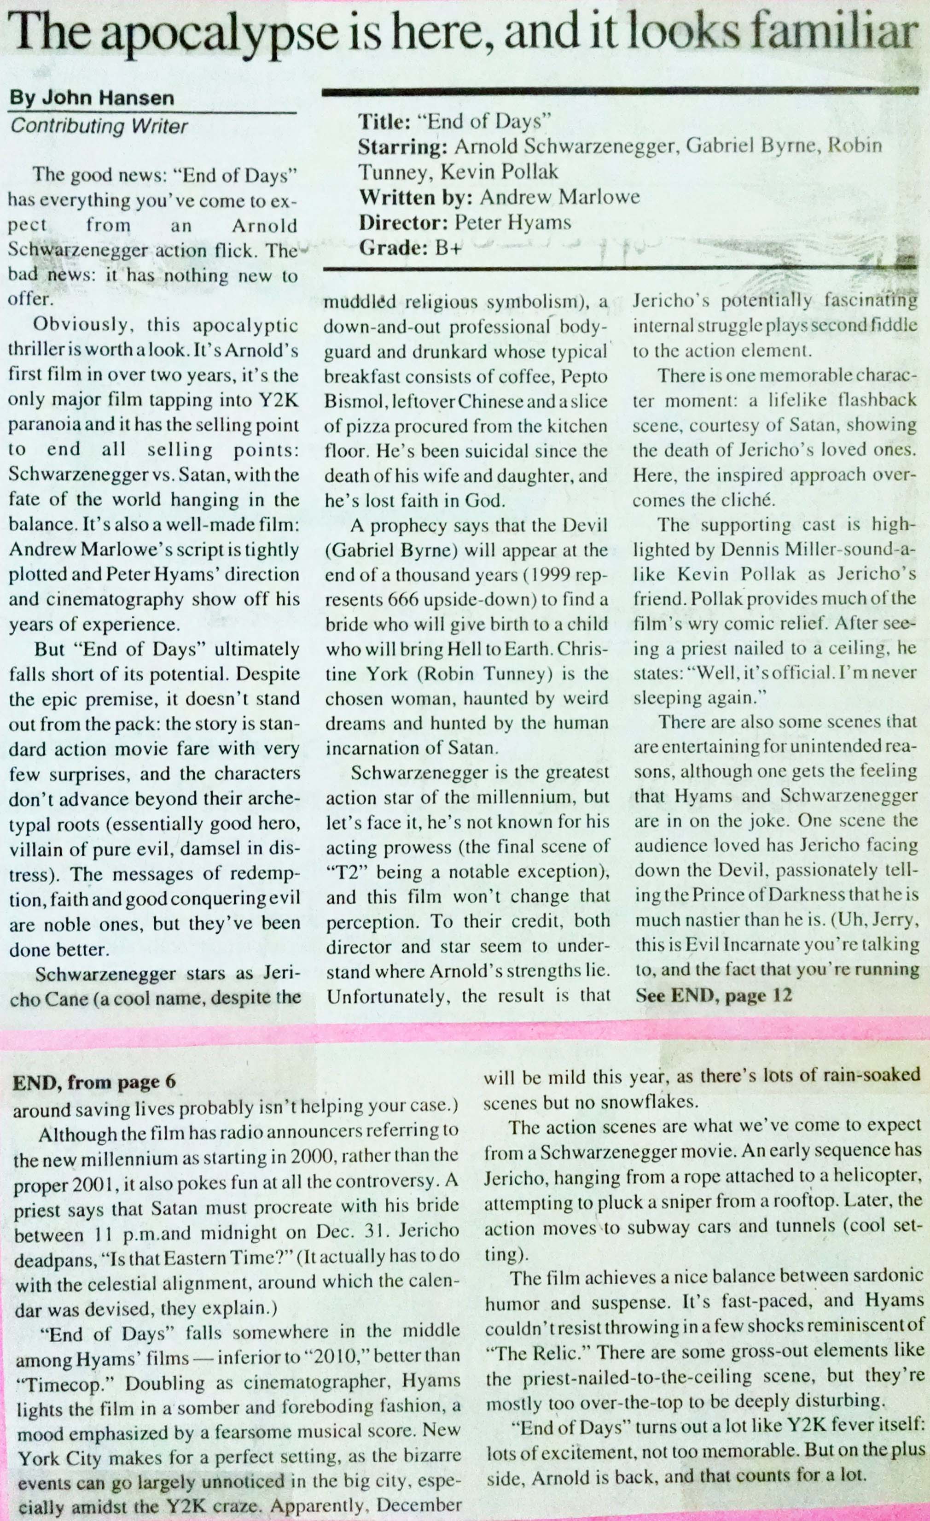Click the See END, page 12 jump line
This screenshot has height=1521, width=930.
714,996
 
